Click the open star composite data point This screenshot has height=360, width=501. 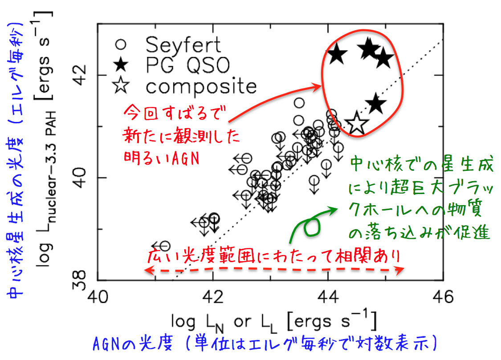(356, 124)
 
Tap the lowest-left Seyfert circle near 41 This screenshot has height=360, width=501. (164, 246)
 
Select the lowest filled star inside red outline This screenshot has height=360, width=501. (376, 104)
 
